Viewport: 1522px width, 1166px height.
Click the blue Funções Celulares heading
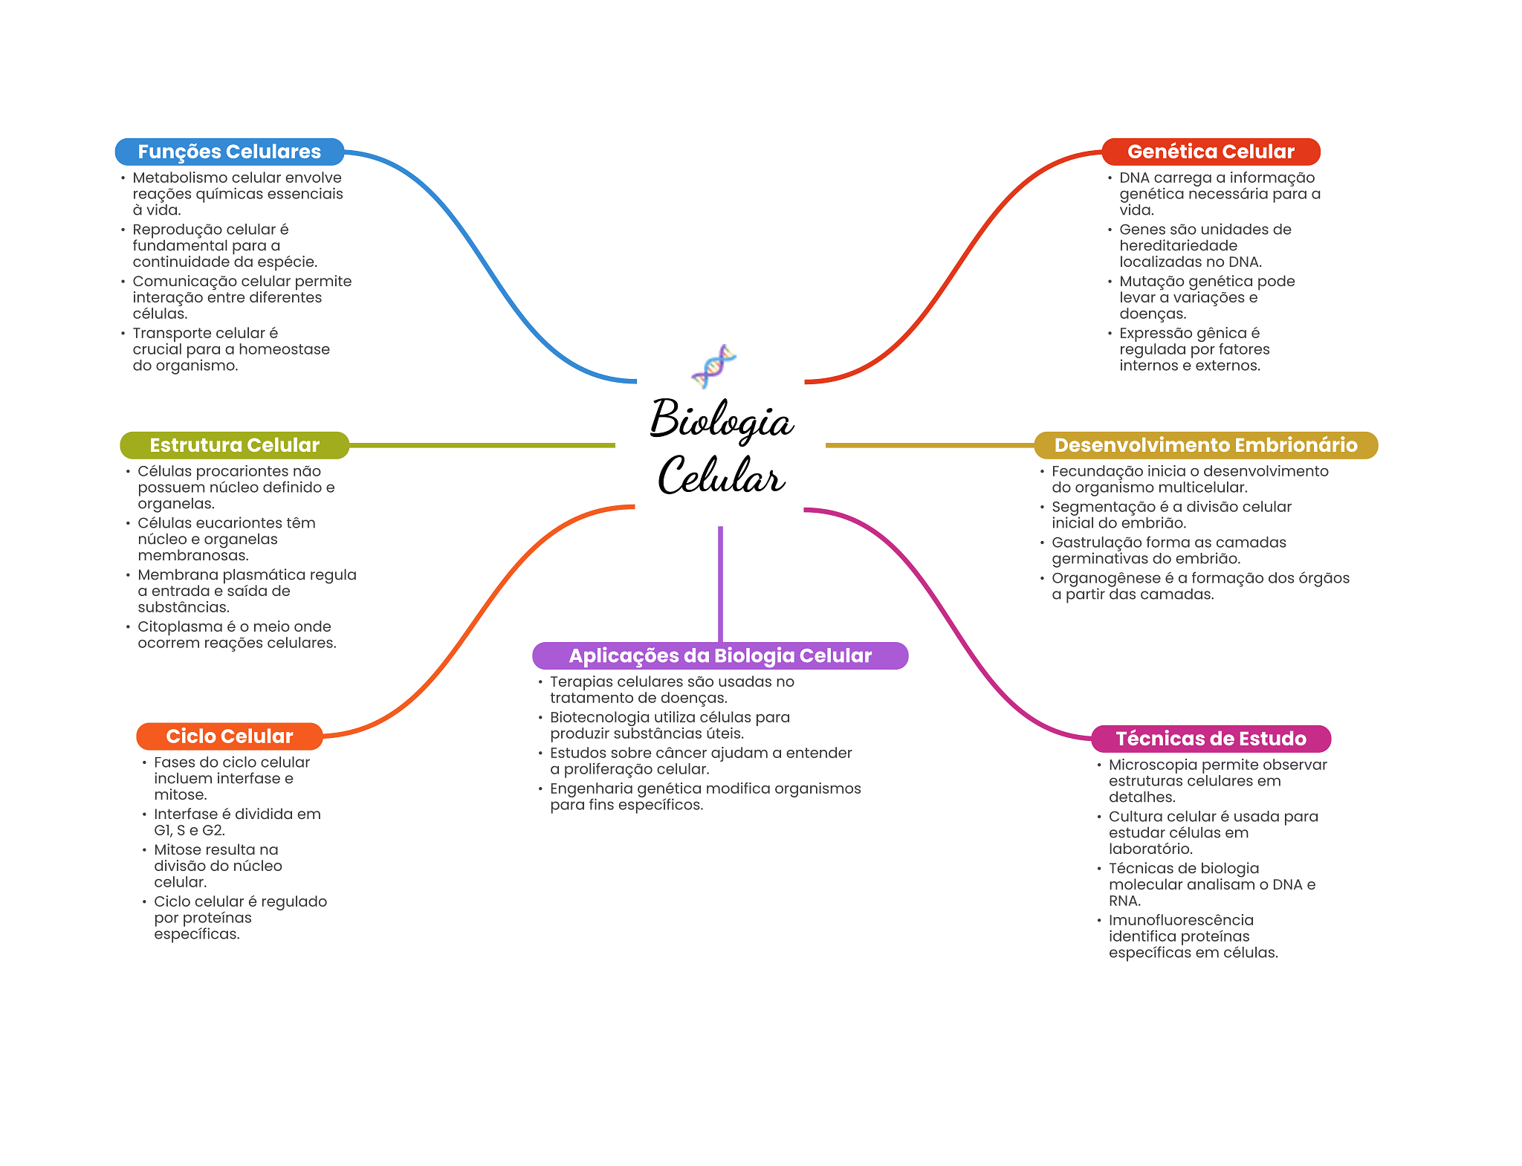(229, 152)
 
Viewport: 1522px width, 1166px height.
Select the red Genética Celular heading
(1211, 152)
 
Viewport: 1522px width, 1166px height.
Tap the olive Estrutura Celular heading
(234, 445)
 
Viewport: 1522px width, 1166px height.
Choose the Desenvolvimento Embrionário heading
(1205, 445)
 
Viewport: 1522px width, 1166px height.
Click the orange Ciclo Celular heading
(229, 736)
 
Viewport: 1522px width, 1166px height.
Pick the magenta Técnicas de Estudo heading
(1211, 739)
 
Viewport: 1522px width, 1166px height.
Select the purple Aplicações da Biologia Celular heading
(720, 655)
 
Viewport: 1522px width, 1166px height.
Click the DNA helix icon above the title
(713, 366)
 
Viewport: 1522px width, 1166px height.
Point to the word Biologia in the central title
(722, 420)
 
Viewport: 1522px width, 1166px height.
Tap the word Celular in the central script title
(721, 476)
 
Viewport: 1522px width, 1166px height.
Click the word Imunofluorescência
(1181, 920)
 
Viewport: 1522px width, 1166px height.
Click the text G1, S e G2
(190, 830)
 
